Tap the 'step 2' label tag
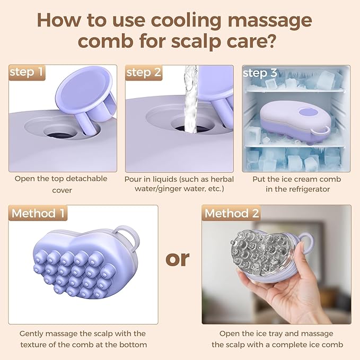(144, 73)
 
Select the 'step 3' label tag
(260, 73)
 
